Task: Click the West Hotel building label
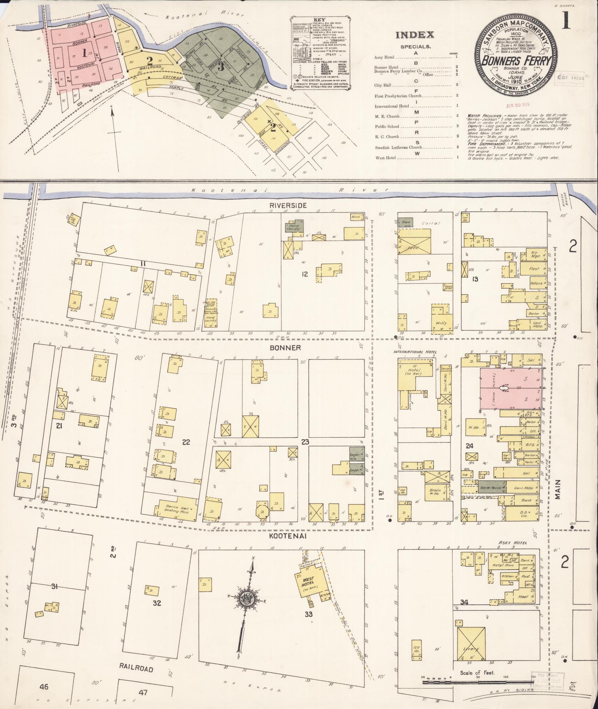pos(308,579)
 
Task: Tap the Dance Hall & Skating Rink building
pos(176,510)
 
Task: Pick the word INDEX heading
pos(415,35)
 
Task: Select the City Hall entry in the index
pos(382,85)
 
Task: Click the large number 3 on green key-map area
pos(221,67)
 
